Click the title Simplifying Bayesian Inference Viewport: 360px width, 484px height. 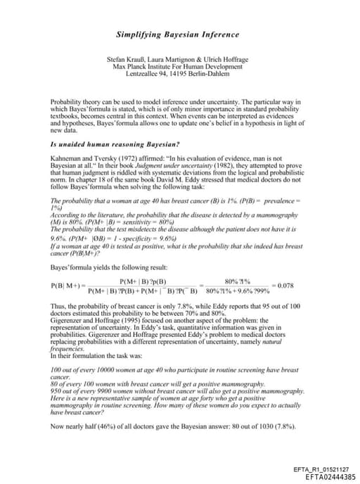click(177, 34)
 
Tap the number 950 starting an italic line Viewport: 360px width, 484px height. click(57, 390)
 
